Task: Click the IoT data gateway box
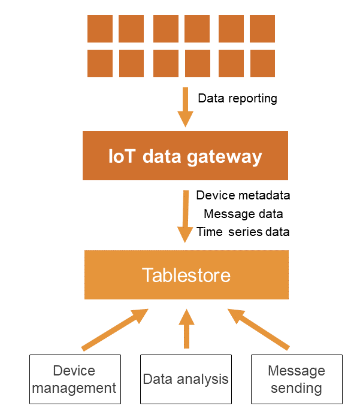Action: point(185,156)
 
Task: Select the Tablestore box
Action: point(186,275)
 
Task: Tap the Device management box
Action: point(75,379)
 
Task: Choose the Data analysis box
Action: point(186,379)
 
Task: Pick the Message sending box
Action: point(297,379)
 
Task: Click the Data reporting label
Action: point(237,98)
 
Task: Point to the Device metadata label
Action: point(243,195)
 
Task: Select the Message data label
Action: point(243,214)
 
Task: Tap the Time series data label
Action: point(243,232)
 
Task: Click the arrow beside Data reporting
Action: point(186,107)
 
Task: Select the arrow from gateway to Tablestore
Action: point(186,216)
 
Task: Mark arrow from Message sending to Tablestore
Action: point(258,329)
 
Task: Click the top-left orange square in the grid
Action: point(100,29)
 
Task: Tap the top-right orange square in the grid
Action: point(262,29)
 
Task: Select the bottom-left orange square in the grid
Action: point(100,63)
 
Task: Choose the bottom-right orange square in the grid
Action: point(262,63)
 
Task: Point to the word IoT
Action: point(121,156)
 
